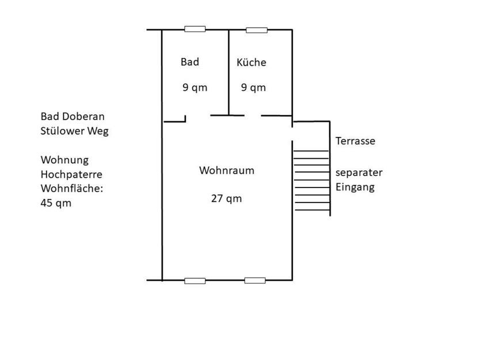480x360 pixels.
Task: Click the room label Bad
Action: (189, 62)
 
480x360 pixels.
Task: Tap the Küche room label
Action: (252, 62)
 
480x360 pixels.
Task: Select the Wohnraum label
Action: (226, 170)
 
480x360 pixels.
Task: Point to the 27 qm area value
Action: (226, 198)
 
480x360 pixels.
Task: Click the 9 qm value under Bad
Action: (195, 87)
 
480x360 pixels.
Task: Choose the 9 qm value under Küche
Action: (253, 87)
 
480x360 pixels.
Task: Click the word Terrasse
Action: (355, 141)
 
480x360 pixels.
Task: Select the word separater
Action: (359, 173)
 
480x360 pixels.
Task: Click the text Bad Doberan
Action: (72, 116)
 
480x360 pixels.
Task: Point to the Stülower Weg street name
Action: (74, 131)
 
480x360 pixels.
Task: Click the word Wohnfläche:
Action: (71, 188)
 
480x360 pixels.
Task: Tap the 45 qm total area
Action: (56, 202)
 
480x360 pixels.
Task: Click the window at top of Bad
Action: (195, 29)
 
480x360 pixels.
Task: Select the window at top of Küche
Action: (257, 29)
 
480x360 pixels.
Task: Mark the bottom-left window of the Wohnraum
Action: (195, 281)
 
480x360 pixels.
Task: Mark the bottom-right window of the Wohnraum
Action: (255, 281)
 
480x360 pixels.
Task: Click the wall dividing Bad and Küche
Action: (229, 72)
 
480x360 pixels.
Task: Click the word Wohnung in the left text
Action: (64, 159)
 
